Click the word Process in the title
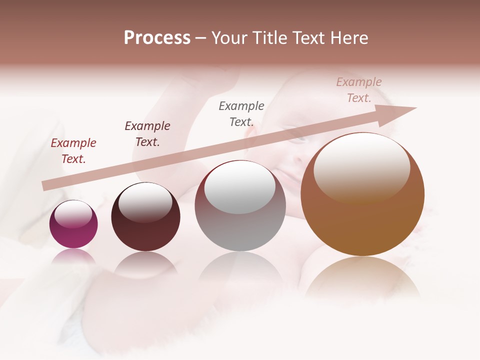pyautogui.click(x=157, y=38)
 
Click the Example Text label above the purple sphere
pyautogui.click(x=73, y=151)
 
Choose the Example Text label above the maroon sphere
pyautogui.click(x=147, y=134)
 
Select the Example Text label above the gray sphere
pyautogui.click(x=241, y=113)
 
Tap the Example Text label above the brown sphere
pyautogui.click(x=359, y=90)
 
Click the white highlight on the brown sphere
pyautogui.click(x=361, y=167)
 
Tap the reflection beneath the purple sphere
pyautogui.click(x=73, y=256)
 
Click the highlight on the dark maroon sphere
pyautogui.click(x=145, y=202)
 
